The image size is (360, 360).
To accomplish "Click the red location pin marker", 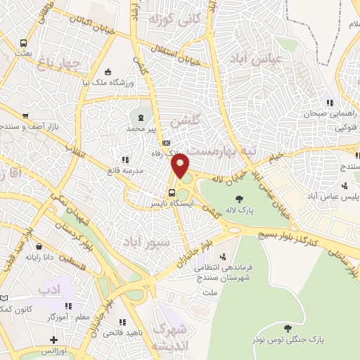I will coord(181,167).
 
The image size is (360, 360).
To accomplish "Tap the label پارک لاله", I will coord(240,209).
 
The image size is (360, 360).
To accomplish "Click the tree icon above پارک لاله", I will coord(240,198).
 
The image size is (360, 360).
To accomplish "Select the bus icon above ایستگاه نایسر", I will coord(172,193).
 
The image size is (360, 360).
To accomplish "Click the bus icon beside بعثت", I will coord(25,42).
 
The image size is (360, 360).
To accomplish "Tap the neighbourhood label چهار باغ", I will coord(80,64).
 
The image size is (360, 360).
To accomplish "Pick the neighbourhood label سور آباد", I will coord(150,243).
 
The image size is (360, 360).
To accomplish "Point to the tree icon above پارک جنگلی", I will coord(287,328).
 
